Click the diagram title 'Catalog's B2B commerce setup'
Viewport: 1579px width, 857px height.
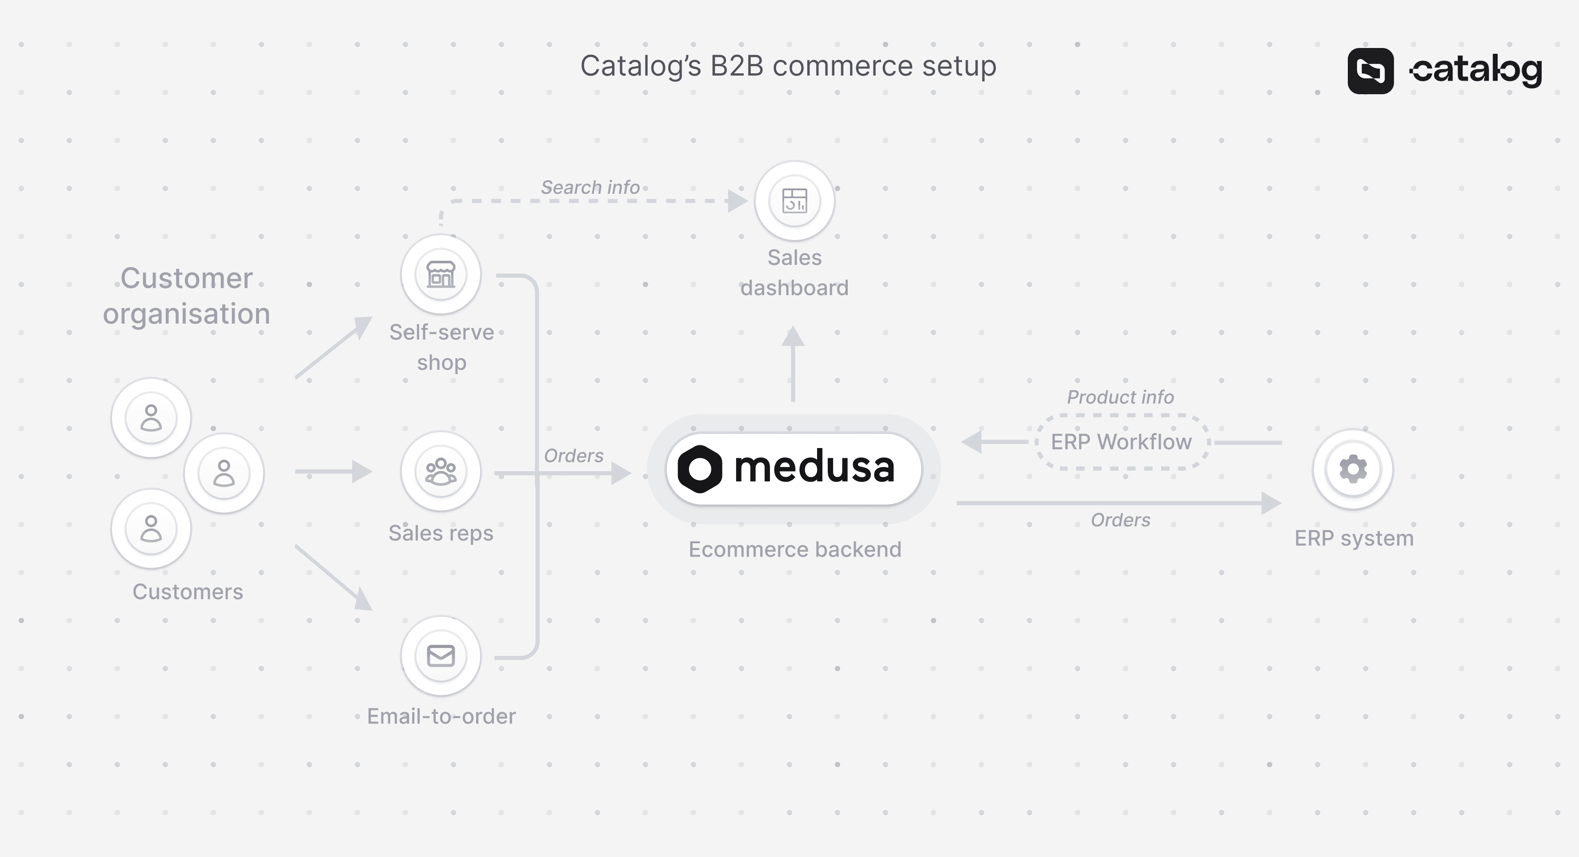788,66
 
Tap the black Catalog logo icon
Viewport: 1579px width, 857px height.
1371,71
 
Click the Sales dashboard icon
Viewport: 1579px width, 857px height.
794,201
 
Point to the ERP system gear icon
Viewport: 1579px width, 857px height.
1353,469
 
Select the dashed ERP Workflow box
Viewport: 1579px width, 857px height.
1121,442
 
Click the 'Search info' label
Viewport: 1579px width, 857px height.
589,187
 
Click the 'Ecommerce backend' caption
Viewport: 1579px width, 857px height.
794,549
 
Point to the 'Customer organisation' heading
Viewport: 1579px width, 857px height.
186,296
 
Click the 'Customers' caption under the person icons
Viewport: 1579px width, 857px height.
188,592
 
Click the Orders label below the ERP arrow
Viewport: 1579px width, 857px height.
1120,520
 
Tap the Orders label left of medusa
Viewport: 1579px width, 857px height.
573,456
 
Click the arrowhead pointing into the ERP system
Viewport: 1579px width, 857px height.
1270,503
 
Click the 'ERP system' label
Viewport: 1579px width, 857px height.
1354,538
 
